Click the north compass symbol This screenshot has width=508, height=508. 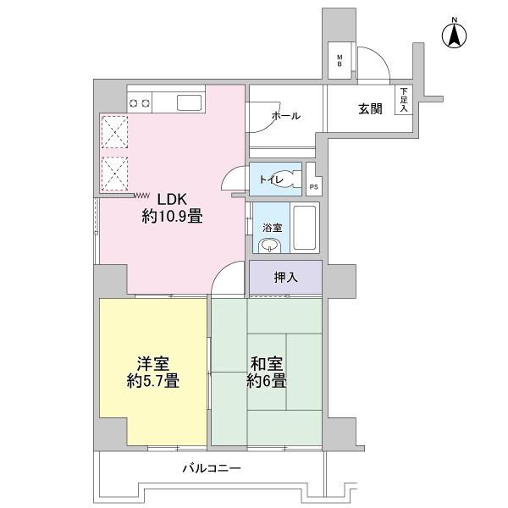point(455,35)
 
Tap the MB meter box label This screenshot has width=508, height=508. point(340,60)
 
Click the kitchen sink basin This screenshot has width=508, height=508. point(189,103)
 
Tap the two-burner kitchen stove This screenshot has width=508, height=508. point(140,103)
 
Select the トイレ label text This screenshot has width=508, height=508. point(270,179)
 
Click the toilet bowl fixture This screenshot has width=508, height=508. point(290,179)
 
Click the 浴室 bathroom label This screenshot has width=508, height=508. point(269,228)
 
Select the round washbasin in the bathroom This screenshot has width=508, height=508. point(269,246)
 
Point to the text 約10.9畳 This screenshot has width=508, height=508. point(171,217)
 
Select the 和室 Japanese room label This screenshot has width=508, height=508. point(267,364)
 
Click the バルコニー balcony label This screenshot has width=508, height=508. point(212,468)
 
